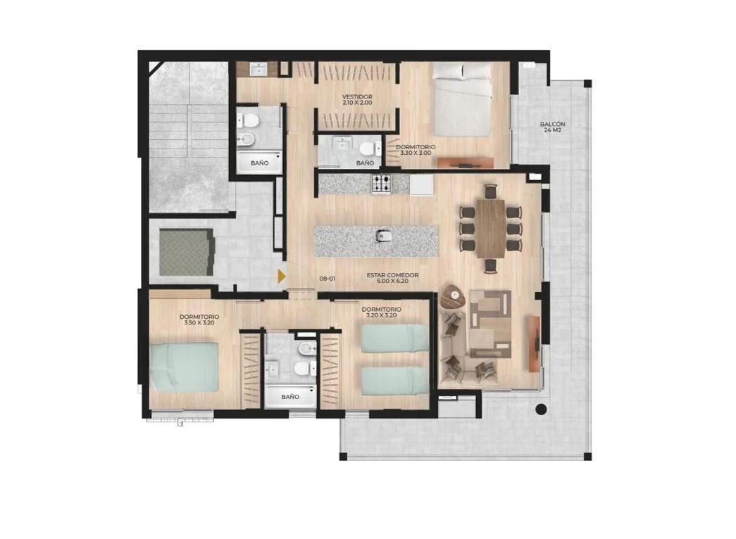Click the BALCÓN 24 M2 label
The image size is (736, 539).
click(552, 127)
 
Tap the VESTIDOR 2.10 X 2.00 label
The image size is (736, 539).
click(357, 99)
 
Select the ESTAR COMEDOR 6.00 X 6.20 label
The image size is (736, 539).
click(392, 278)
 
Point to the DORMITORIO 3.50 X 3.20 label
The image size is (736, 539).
click(199, 319)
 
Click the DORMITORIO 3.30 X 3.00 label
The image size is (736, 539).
click(416, 150)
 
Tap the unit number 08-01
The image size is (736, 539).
click(328, 279)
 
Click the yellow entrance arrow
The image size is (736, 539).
click(281, 277)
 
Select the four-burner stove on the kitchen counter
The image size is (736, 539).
click(381, 184)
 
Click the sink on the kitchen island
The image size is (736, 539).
click(383, 236)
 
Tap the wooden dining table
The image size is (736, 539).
click(491, 228)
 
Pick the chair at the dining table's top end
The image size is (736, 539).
click(490, 191)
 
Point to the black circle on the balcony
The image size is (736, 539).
click(541, 409)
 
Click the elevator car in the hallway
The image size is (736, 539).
click(187, 252)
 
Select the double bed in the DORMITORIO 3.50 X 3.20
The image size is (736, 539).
click(184, 367)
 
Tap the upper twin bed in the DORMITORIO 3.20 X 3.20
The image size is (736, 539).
click(395, 338)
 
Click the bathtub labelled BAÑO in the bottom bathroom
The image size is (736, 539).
click(289, 396)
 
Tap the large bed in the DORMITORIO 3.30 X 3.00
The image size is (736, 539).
click(462, 100)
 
